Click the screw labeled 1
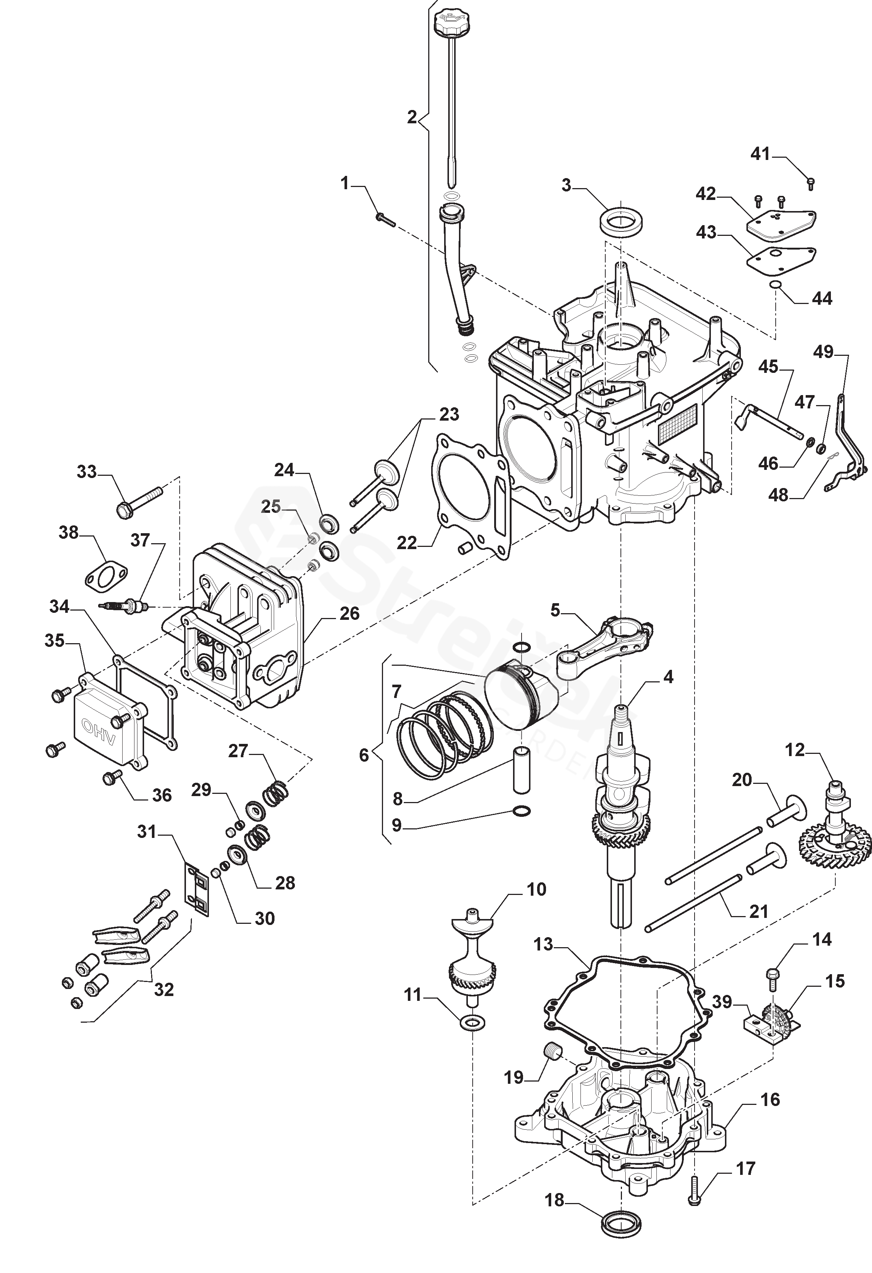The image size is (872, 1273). click(x=386, y=220)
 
